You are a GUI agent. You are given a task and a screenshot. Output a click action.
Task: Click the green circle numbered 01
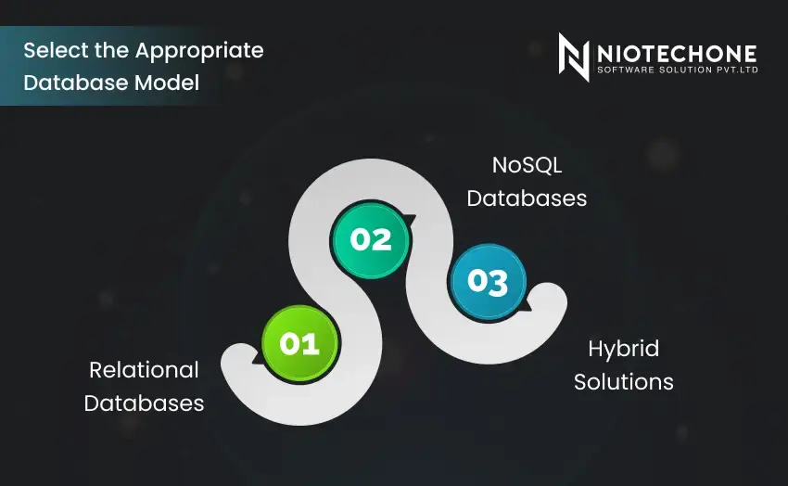click(299, 344)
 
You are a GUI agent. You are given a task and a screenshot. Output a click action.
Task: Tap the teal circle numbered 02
click(371, 239)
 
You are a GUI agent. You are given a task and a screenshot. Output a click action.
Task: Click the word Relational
click(144, 370)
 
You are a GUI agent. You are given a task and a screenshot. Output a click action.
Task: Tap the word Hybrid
click(623, 349)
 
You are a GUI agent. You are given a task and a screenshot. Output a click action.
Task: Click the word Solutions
click(623, 381)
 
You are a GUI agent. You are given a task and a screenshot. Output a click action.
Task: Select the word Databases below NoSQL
click(527, 198)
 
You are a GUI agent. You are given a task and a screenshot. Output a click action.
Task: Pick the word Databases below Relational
click(144, 403)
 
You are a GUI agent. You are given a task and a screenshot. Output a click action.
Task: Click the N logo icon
click(574, 57)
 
